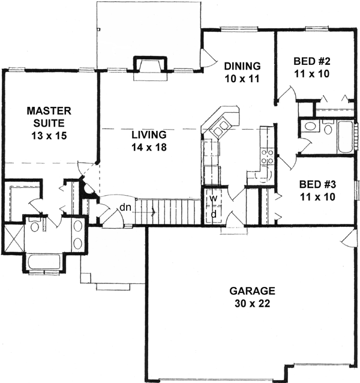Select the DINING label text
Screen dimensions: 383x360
tap(242, 66)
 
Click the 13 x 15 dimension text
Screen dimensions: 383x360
tap(49, 136)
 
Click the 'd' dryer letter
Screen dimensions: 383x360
tap(212, 214)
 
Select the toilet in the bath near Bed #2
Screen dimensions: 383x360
tap(328, 128)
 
